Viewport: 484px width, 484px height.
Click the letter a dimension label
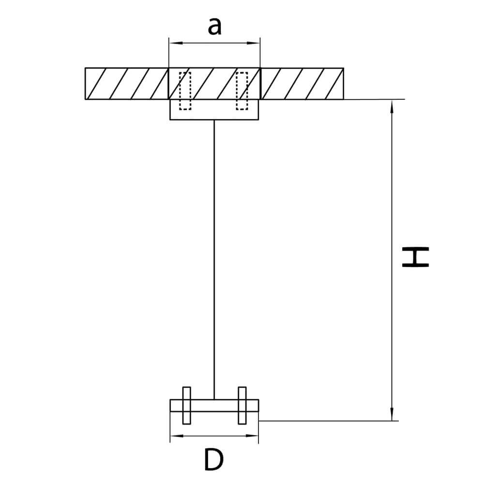(214, 27)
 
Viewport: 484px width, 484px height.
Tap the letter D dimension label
(213, 460)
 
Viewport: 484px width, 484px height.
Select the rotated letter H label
(415, 257)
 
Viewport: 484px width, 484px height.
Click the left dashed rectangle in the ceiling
(185, 91)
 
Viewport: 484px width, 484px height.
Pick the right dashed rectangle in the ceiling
(242, 91)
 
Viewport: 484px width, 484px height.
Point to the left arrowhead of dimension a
(175, 43)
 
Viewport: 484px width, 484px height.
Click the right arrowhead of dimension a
(254, 43)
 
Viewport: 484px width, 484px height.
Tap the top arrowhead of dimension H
(392, 106)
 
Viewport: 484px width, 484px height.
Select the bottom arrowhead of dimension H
(392, 414)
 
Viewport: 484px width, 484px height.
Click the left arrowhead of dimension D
(176, 436)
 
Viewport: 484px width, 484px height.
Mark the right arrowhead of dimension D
(252, 436)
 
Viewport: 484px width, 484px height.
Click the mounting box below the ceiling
(214, 109)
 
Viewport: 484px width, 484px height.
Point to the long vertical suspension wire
(214, 259)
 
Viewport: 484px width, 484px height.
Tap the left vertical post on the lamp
(186, 405)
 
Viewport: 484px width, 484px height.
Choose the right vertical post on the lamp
(242, 405)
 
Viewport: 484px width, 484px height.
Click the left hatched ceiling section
(126, 84)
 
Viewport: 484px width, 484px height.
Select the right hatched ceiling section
(302, 84)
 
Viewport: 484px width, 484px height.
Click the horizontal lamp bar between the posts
(214, 406)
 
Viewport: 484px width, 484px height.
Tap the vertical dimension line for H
(392, 260)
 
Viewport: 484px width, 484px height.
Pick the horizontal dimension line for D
(214, 436)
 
